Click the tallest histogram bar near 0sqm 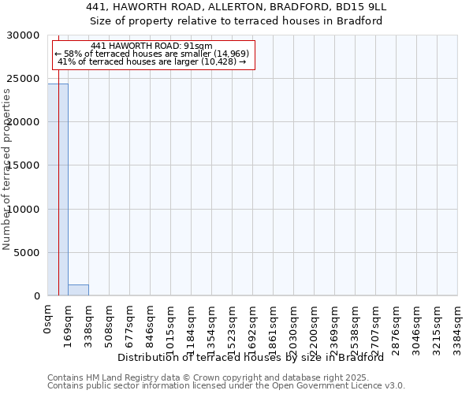point(58,189)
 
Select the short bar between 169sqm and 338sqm point(78,290)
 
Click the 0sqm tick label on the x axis point(47,322)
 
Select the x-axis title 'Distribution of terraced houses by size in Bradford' point(250,358)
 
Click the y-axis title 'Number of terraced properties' point(7,169)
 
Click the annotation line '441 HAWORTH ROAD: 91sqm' point(151,46)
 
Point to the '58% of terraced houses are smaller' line point(151,54)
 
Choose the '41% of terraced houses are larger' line point(151,61)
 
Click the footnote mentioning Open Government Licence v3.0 point(225,386)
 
